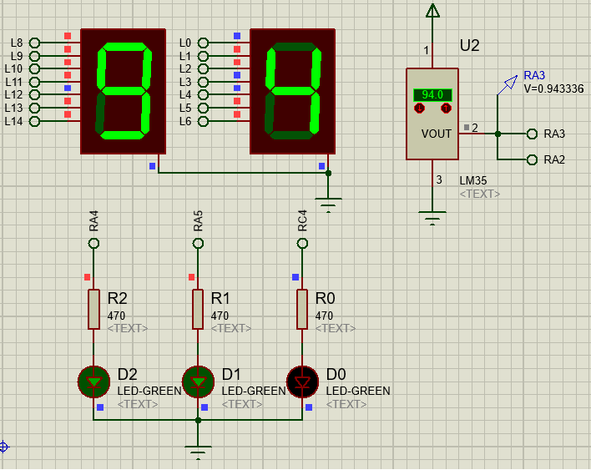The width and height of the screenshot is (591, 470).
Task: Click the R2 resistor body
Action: (93, 309)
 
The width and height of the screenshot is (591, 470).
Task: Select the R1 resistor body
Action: (198, 309)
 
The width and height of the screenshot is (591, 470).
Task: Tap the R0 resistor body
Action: (302, 309)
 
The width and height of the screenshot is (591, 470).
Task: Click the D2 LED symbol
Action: (93, 382)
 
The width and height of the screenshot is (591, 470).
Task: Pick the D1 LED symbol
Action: (198, 382)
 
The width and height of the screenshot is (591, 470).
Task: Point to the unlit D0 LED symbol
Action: (302, 382)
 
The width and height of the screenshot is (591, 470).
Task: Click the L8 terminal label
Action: (17, 43)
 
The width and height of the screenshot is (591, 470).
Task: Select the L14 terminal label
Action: (14, 121)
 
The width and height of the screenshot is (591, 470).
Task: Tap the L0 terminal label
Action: (185, 43)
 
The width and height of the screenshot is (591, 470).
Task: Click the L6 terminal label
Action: (185, 121)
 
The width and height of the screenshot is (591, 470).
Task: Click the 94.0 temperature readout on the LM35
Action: (432, 95)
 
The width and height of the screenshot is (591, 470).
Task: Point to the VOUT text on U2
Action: (437, 134)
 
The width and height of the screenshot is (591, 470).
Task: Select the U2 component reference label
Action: (470, 46)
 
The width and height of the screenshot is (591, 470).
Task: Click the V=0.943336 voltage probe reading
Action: (553, 88)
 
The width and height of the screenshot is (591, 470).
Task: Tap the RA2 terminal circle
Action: (532, 159)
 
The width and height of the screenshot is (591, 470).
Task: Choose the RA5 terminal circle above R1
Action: (198, 243)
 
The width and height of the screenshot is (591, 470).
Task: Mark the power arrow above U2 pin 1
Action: (432, 11)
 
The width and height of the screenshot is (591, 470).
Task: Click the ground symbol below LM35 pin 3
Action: (432, 219)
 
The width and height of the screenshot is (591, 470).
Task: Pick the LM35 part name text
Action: (472, 180)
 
